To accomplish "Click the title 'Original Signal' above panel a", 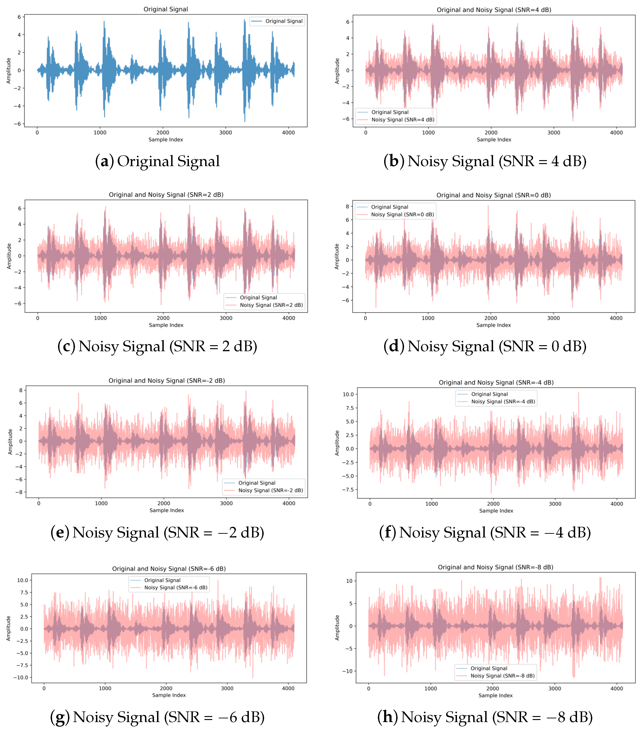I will tap(166, 9).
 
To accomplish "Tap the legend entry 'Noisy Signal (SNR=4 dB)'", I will tap(403, 119).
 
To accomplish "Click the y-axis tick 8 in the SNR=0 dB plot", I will tap(347, 207).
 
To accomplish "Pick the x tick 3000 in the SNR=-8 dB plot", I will tap(555, 688).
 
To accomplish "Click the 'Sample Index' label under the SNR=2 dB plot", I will tap(166, 325).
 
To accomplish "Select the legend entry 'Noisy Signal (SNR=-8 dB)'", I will tap(502, 676).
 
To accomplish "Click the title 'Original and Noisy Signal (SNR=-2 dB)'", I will tap(167, 381).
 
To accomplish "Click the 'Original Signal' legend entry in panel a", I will tap(284, 21).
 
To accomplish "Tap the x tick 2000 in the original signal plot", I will tap(163, 132).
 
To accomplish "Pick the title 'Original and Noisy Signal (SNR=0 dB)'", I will tap(493, 195).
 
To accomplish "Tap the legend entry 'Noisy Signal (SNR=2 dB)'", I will tap(271, 305).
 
